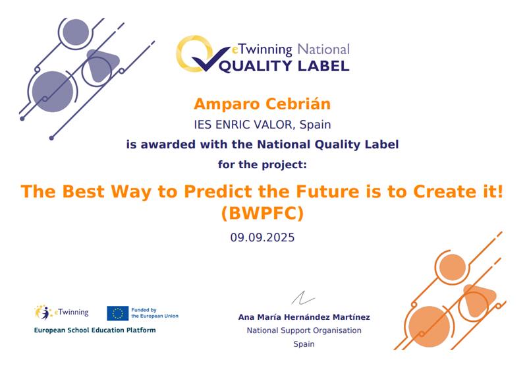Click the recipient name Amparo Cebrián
tap(262, 104)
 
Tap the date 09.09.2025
tap(262, 237)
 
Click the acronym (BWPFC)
tap(262, 213)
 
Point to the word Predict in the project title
tap(218, 192)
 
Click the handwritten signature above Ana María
tap(303, 297)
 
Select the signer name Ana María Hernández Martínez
tap(304, 317)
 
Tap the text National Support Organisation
tap(304, 330)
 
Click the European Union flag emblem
tap(118, 313)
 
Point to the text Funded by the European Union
tap(155, 313)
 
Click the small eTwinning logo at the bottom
tap(61, 313)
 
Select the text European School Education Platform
tap(95, 330)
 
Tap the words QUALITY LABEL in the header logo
tap(284, 66)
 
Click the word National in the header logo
tap(323, 49)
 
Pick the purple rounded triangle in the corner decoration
tap(102, 65)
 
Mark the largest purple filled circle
tap(53, 92)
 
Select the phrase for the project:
tap(262, 165)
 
